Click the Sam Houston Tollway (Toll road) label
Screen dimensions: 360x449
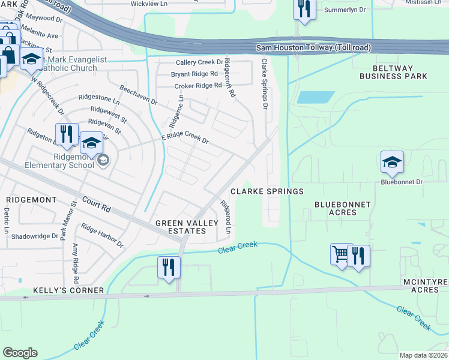[313, 47]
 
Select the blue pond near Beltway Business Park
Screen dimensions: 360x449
[316, 97]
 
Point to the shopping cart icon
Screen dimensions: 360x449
[341, 254]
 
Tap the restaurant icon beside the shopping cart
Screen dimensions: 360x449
[358, 256]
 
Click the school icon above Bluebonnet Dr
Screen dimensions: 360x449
[392, 161]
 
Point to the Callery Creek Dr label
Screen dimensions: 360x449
[199, 62]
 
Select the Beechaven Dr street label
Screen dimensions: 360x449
[138, 94]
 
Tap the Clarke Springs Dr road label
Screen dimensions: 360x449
[264, 85]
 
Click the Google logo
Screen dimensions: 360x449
[20, 353]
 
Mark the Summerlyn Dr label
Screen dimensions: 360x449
[345, 10]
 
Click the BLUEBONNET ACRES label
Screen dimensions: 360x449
[343, 209]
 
